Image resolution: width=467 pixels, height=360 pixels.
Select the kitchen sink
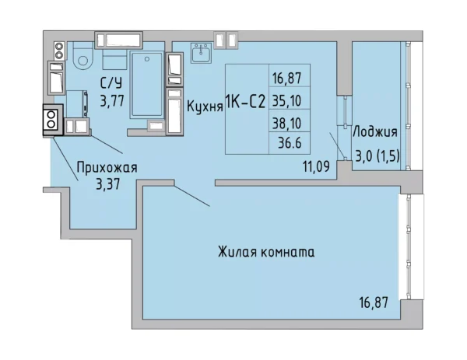point(201,54)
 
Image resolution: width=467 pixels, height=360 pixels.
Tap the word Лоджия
point(375,131)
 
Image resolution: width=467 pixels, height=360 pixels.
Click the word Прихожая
point(107,166)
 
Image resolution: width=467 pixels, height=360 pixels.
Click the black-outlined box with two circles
point(51,121)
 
